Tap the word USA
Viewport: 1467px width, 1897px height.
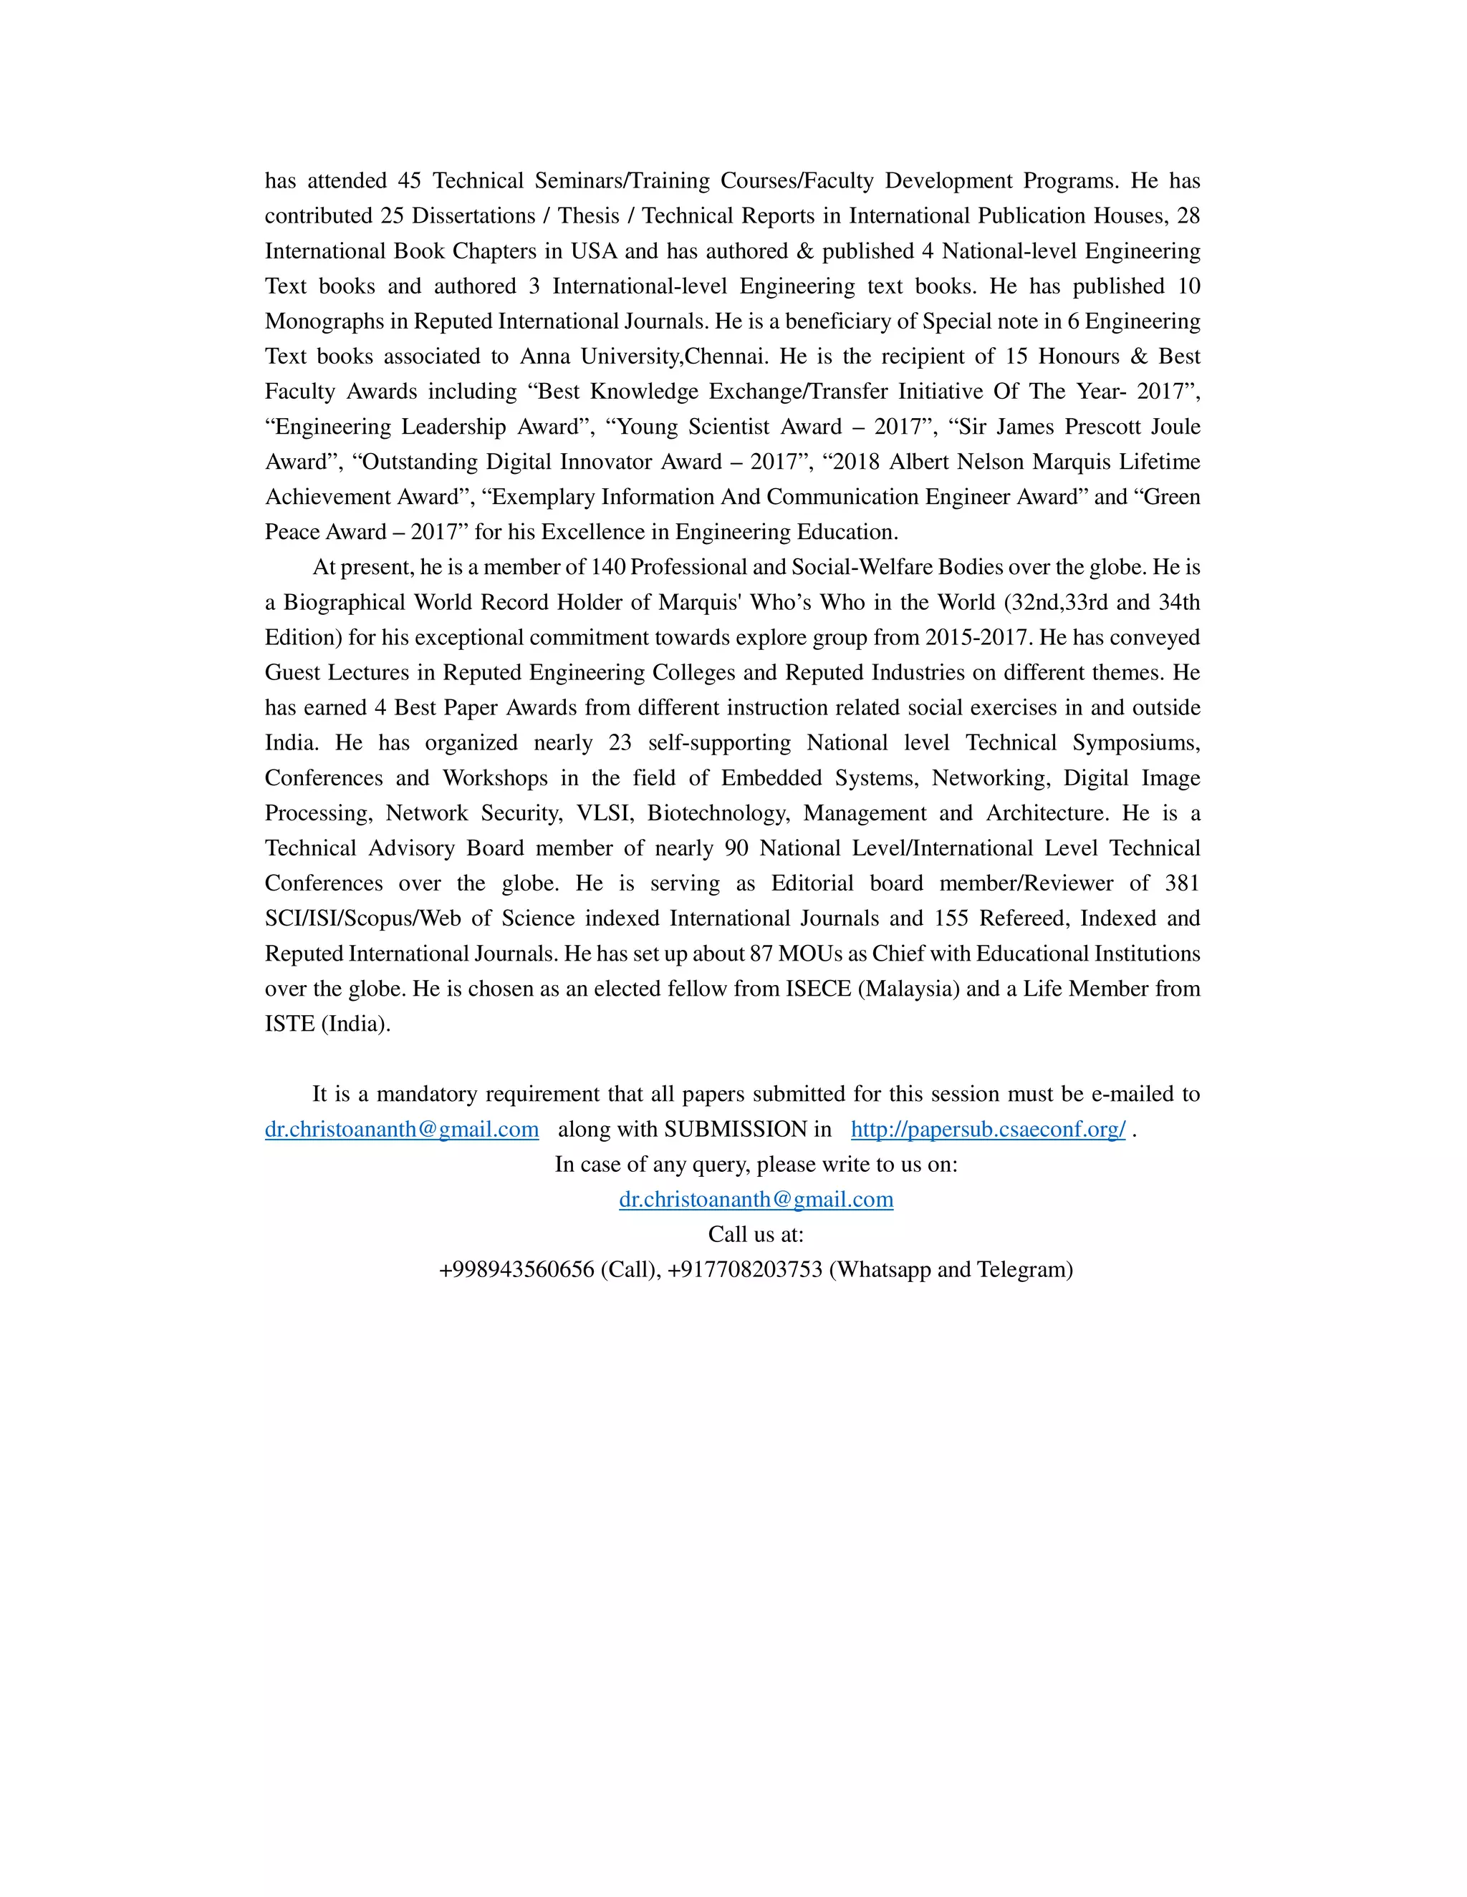(x=594, y=251)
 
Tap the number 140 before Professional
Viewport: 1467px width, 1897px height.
(x=607, y=567)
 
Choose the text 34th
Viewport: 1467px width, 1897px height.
(x=1178, y=602)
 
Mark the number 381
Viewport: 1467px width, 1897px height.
(x=1182, y=883)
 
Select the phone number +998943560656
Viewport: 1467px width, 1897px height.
(x=516, y=1270)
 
